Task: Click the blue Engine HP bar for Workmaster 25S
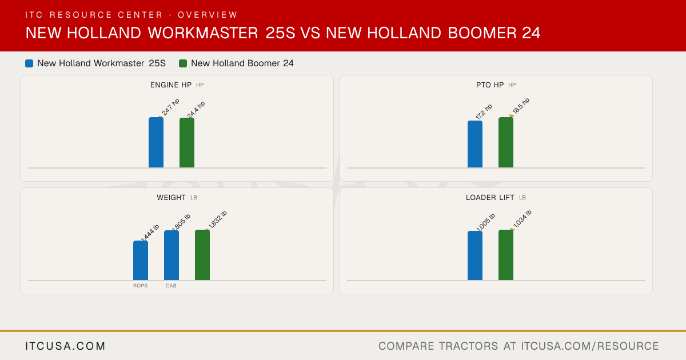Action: click(156, 142)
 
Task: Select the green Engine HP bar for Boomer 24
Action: click(187, 143)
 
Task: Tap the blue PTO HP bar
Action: click(475, 144)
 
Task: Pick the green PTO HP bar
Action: click(506, 142)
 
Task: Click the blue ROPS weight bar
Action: click(141, 261)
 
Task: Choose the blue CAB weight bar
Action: click(171, 255)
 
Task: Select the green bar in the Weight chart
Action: click(202, 255)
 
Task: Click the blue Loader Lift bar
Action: click(475, 255)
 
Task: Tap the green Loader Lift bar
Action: click(506, 255)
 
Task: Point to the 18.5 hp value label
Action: click(521, 106)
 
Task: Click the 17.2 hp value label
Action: click(484, 111)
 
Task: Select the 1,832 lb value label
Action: click(218, 219)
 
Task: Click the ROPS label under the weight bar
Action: click(141, 286)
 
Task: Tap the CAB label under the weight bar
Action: click(171, 286)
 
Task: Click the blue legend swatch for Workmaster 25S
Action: click(29, 63)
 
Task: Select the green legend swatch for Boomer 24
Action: click(183, 63)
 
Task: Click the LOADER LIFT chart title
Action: click(490, 198)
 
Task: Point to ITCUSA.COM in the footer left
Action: click(65, 346)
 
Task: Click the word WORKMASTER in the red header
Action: click(203, 33)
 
